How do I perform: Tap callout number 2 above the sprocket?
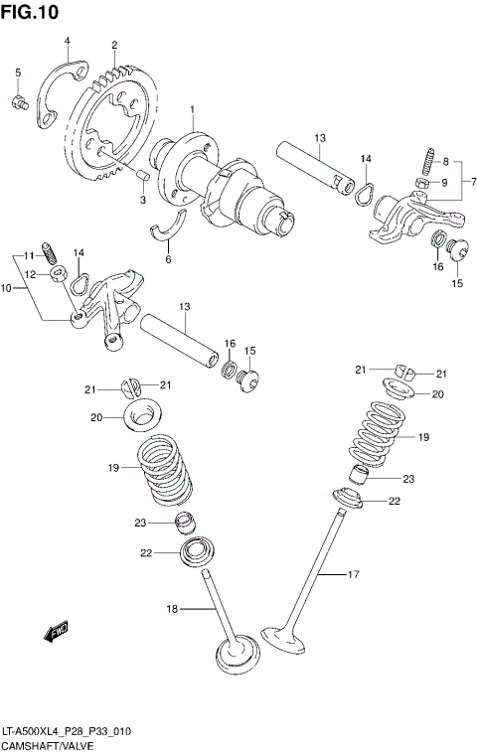114,46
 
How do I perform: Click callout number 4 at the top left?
67,41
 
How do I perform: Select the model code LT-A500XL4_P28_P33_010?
66,731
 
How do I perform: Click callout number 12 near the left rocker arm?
31,274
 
